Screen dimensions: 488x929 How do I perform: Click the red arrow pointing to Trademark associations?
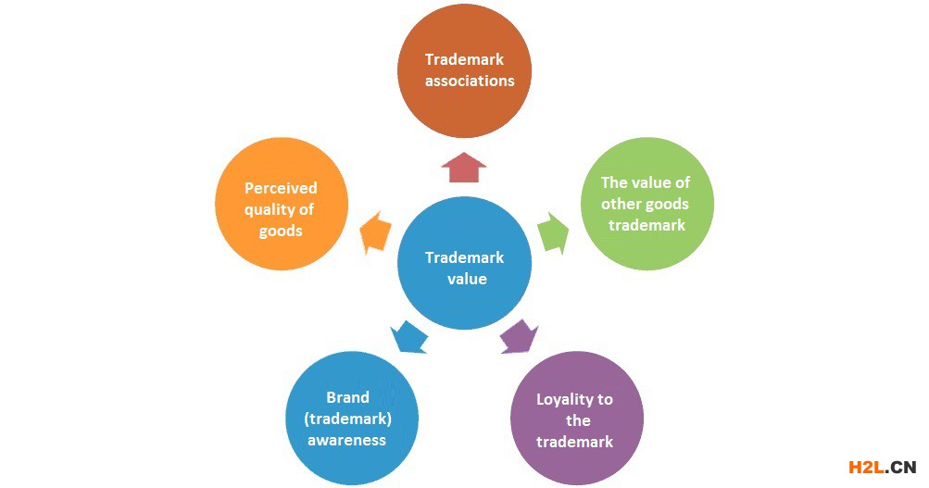[464, 169]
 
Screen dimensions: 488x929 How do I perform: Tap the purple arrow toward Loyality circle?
[519, 335]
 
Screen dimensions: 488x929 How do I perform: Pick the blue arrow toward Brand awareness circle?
[408, 335]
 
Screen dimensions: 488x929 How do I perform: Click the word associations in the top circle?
[470, 81]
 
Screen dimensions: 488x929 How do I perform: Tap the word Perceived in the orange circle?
[281, 188]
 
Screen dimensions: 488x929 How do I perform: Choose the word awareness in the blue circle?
[346, 439]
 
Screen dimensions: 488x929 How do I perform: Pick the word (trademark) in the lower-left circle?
[347, 418]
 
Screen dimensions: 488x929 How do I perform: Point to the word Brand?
[347, 397]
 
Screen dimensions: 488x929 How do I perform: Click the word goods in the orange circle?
[280, 230]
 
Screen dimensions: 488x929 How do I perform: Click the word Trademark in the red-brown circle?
[464, 59]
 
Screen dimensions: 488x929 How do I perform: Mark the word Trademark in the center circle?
[464, 257]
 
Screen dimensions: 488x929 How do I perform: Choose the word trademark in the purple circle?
[575, 441]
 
